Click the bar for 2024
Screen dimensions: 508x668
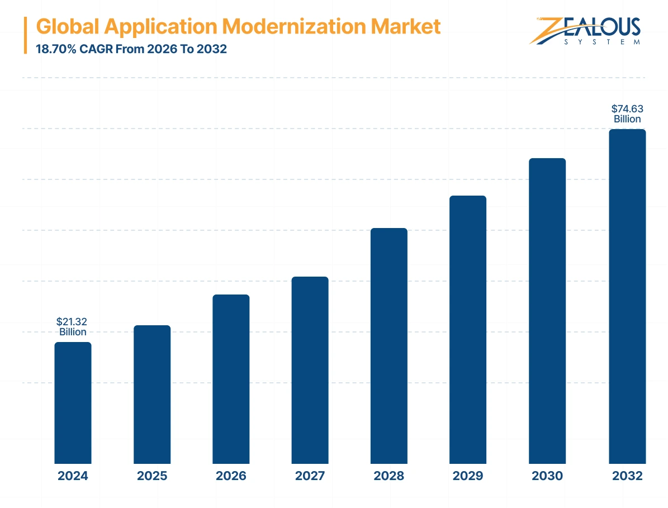[73, 402]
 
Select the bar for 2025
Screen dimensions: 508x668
[152, 394]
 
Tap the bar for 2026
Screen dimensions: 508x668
[231, 379]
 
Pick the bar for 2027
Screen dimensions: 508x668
[310, 370]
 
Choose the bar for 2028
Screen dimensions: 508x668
[389, 345]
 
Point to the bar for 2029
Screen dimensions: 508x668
[468, 330]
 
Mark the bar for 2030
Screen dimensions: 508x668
[547, 311]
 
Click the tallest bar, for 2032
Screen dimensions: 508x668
[627, 296]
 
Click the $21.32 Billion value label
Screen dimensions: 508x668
[72, 327]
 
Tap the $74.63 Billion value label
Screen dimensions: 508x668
[627, 113]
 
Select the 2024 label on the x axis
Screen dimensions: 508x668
[73, 476]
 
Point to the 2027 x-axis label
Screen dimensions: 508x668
[310, 476]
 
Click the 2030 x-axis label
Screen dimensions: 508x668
[547, 476]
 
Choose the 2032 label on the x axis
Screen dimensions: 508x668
[627, 476]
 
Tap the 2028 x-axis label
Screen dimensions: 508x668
[389, 476]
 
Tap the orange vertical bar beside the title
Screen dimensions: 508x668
[26, 35]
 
